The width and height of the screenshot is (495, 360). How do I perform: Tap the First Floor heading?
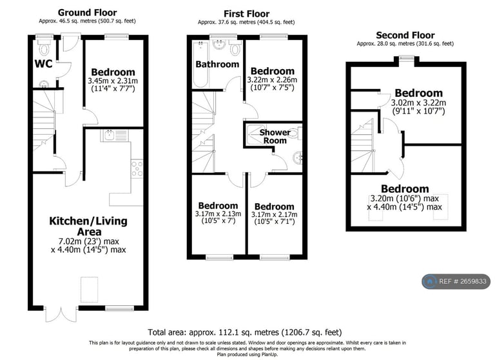click(x=247, y=14)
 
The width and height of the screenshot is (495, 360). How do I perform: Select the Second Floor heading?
click(x=405, y=35)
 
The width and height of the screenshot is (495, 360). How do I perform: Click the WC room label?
click(x=43, y=64)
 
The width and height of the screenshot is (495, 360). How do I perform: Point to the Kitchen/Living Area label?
click(x=88, y=226)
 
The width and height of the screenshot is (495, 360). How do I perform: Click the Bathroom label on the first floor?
click(x=217, y=65)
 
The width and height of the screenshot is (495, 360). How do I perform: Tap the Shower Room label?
click(x=275, y=137)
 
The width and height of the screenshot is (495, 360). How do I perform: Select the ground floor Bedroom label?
click(x=113, y=72)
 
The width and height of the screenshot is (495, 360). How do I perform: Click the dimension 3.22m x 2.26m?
click(x=273, y=81)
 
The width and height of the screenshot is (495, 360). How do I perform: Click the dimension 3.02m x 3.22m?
click(x=418, y=103)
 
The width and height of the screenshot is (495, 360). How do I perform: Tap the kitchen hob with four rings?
click(x=137, y=168)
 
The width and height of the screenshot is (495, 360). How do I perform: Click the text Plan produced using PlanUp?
click(x=247, y=354)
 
